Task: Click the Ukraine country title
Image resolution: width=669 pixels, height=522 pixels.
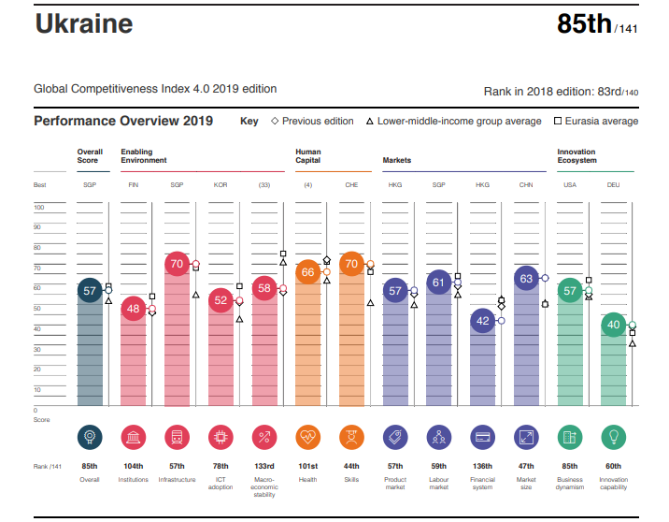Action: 83,25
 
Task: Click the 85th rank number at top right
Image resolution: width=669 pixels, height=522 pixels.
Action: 584,25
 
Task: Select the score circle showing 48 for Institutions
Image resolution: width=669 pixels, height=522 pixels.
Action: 134,308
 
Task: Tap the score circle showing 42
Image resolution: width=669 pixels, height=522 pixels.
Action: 482,321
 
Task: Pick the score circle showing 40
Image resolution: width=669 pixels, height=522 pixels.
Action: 613,326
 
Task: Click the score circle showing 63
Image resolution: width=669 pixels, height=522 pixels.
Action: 526,278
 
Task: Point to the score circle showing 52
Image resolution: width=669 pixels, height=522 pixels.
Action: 221,300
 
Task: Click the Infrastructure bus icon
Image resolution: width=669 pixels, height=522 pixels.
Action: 177,437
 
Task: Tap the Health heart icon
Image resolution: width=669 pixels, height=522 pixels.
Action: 308,437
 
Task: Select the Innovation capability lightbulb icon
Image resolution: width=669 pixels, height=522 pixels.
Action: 613,437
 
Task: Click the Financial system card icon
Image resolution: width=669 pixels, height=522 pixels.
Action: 482,437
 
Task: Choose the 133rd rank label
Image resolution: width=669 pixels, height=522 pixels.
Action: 264,466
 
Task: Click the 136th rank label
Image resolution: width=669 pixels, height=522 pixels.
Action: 482,466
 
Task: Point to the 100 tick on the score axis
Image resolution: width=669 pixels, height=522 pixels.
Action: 39,207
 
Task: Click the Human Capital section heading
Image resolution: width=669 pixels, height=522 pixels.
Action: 308,155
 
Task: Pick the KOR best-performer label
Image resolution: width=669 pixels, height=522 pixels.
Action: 221,185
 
